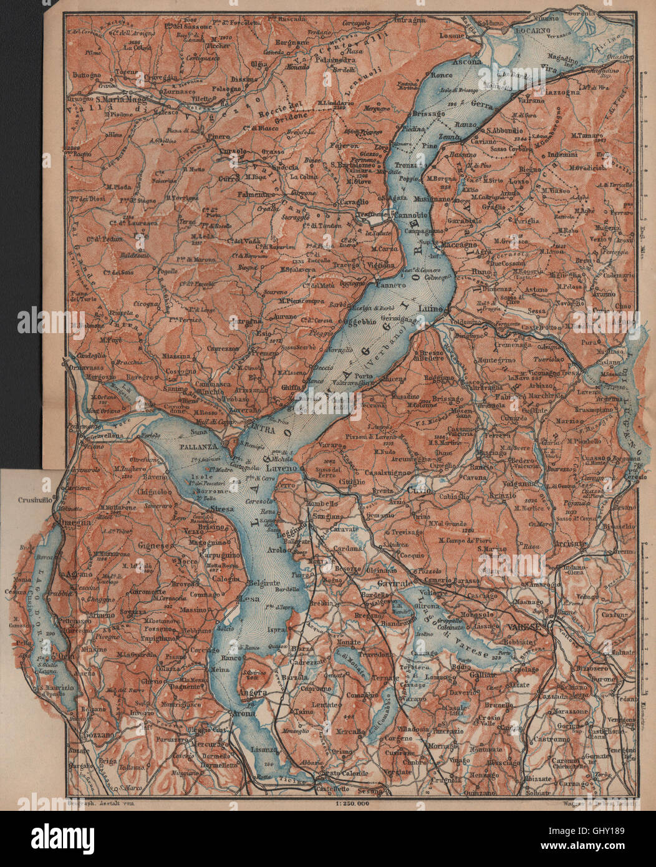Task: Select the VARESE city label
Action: (523, 626)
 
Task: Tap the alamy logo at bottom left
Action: (56, 836)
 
